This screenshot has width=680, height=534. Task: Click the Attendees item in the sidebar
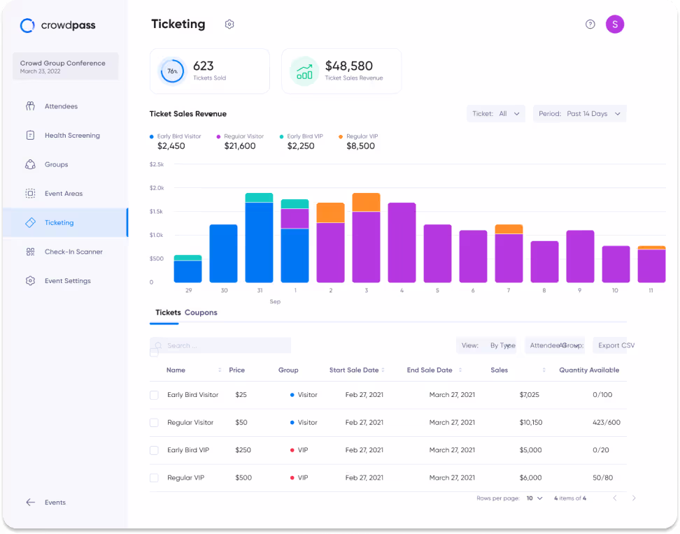coord(61,106)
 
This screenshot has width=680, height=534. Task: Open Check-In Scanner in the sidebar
coord(73,252)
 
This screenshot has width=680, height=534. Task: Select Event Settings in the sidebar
coord(67,281)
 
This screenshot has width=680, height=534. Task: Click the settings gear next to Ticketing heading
coord(229,24)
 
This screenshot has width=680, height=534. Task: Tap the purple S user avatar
coord(614,24)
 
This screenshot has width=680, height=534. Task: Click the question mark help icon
coord(590,24)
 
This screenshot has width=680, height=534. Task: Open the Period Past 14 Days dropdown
coord(579,114)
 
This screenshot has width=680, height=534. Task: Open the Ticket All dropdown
coord(495,114)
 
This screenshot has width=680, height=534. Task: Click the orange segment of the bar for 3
coord(366,202)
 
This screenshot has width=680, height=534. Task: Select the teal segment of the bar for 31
coord(259,198)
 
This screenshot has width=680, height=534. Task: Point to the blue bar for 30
coord(223,253)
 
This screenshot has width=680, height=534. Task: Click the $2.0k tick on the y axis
coord(157,188)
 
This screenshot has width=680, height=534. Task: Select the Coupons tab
coord(201,312)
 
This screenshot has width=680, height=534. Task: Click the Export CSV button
coord(615,345)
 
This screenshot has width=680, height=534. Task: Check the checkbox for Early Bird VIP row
coord(154,450)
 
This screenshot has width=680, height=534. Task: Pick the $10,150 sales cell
coord(530,423)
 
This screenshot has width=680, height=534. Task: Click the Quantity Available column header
coord(588,370)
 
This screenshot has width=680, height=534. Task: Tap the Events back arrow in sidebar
coord(31,503)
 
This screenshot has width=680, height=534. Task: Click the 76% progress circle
coord(171,71)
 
